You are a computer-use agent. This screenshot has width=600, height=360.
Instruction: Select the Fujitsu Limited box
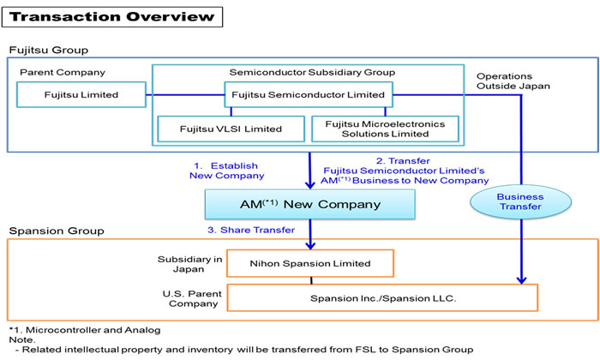click(82, 94)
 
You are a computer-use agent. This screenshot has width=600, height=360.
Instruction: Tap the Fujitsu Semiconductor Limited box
click(309, 94)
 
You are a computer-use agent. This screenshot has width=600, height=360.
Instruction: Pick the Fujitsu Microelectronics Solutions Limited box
click(385, 129)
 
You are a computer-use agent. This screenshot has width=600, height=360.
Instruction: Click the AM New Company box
click(309, 204)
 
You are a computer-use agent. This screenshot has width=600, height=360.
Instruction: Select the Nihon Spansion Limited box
click(309, 262)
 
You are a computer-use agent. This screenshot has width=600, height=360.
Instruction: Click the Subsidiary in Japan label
click(187, 261)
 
